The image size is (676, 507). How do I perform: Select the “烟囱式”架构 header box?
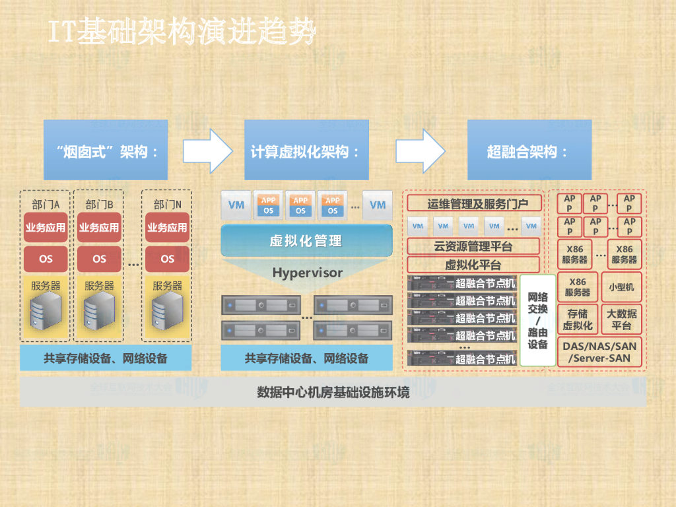tap(106, 151)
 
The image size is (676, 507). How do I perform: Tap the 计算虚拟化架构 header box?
tap(306, 151)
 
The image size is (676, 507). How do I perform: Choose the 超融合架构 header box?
tap(529, 151)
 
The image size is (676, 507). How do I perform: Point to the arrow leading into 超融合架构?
tap(421, 151)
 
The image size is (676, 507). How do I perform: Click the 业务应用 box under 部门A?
tap(46, 228)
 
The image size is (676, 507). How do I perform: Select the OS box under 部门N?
tap(167, 259)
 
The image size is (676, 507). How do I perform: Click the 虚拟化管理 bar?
tap(306, 240)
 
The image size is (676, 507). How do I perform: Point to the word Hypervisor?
tap(307, 272)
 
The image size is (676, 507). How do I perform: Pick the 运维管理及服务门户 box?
tap(474, 203)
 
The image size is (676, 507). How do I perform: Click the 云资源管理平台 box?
tap(473, 247)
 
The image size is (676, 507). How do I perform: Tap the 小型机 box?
tap(621, 287)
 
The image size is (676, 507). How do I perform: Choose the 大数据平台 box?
tap(621, 320)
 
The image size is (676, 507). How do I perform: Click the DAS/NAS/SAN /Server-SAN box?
tap(599, 353)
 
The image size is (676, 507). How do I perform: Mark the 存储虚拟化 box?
tap(578, 320)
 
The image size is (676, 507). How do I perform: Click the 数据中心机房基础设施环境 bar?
tap(333, 393)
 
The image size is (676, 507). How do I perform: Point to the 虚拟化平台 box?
tap(473, 265)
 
